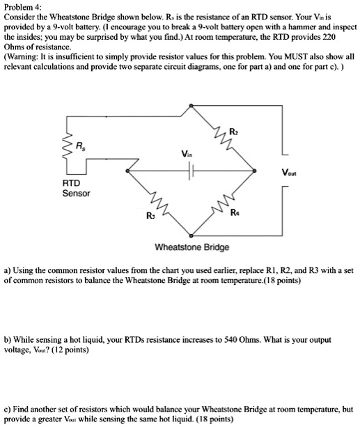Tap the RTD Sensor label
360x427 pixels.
(x=74, y=188)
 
